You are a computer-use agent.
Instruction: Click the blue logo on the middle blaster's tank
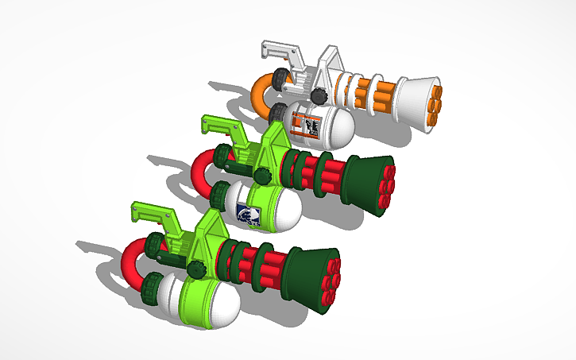coord(248,214)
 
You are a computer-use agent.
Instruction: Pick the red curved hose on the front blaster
coord(135,258)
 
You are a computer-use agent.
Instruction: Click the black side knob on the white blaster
coord(319,96)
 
